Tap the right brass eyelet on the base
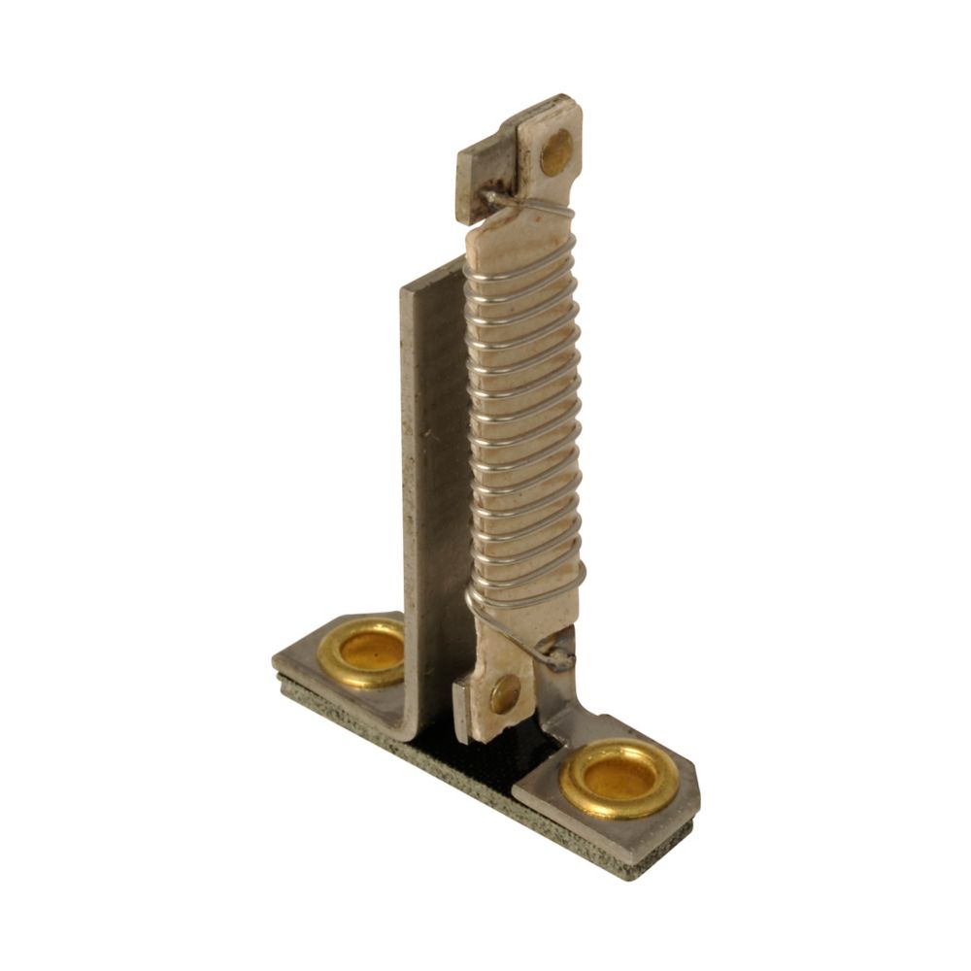[x=619, y=776]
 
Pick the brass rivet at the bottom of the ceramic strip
[x=504, y=693]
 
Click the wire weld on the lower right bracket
[x=560, y=661]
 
